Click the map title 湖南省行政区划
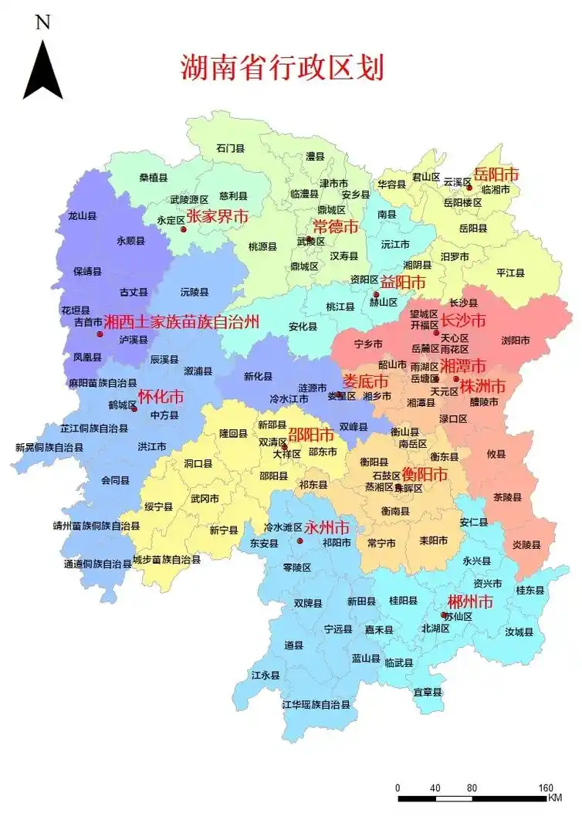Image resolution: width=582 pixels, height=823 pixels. click(x=282, y=68)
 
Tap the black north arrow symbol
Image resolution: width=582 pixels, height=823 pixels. click(x=42, y=70)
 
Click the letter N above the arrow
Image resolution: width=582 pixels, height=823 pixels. click(x=42, y=22)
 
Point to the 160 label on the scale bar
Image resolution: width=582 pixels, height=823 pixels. click(x=545, y=788)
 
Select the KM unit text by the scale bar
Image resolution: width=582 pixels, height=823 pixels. click(x=554, y=798)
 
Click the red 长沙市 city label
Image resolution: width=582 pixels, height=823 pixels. click(x=463, y=320)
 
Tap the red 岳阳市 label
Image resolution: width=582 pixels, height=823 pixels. click(x=496, y=174)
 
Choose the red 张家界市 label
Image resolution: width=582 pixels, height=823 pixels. click(x=217, y=216)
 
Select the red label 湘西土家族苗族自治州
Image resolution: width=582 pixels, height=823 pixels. click(x=181, y=321)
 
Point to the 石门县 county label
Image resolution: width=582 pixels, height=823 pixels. click(x=230, y=147)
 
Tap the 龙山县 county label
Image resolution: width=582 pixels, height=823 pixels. click(x=83, y=216)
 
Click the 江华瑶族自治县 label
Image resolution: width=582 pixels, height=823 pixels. click(x=316, y=704)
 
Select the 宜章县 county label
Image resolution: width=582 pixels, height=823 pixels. click(x=428, y=692)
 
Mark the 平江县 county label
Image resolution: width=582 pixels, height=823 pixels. click(x=510, y=273)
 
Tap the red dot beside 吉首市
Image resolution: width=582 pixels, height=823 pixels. click(x=100, y=334)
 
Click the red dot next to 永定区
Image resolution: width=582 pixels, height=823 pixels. click(x=183, y=229)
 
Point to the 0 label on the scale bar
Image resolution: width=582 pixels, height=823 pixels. click(x=398, y=788)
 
